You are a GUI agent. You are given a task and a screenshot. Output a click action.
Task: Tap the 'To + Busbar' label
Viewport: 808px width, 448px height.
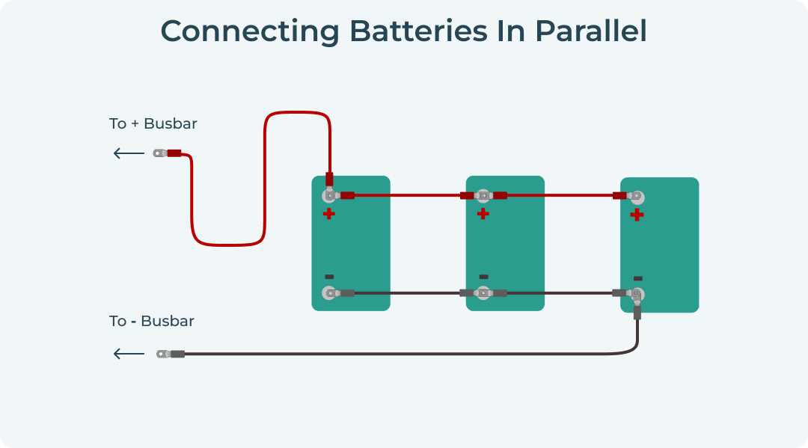[x=153, y=123]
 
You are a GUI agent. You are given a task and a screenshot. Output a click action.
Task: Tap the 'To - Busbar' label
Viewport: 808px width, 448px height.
[x=152, y=321]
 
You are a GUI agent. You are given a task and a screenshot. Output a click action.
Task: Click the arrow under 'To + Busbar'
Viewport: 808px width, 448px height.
[x=129, y=153]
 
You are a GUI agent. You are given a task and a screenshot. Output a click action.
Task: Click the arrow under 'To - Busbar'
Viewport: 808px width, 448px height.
[x=129, y=354]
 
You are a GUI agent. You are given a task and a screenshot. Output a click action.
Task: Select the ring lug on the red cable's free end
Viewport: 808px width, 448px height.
[x=159, y=153]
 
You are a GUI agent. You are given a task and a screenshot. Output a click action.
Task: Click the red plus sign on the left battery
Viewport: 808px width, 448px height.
[x=328, y=214]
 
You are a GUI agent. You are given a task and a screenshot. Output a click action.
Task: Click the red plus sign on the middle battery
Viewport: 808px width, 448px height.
[x=483, y=214]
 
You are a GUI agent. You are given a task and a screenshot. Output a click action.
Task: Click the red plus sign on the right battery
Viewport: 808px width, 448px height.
[x=637, y=215]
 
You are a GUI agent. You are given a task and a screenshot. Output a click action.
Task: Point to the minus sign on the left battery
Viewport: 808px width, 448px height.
[x=329, y=277]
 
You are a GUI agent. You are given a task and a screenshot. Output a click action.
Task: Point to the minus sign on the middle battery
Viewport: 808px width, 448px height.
[x=483, y=277]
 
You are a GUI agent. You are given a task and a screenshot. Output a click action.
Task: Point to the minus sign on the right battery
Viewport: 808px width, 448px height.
[x=638, y=278]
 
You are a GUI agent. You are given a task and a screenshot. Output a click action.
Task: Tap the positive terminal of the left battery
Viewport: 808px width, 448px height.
[x=328, y=196]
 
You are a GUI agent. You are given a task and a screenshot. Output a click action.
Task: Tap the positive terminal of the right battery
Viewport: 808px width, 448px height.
[x=637, y=196]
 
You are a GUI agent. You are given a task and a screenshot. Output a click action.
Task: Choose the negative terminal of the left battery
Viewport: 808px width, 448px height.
[x=328, y=293]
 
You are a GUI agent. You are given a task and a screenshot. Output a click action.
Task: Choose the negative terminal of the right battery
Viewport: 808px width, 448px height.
[x=637, y=294]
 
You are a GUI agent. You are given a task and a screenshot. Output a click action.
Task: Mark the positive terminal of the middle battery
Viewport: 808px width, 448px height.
[x=483, y=196]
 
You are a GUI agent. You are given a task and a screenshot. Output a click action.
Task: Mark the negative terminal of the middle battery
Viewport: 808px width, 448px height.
[x=483, y=293]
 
